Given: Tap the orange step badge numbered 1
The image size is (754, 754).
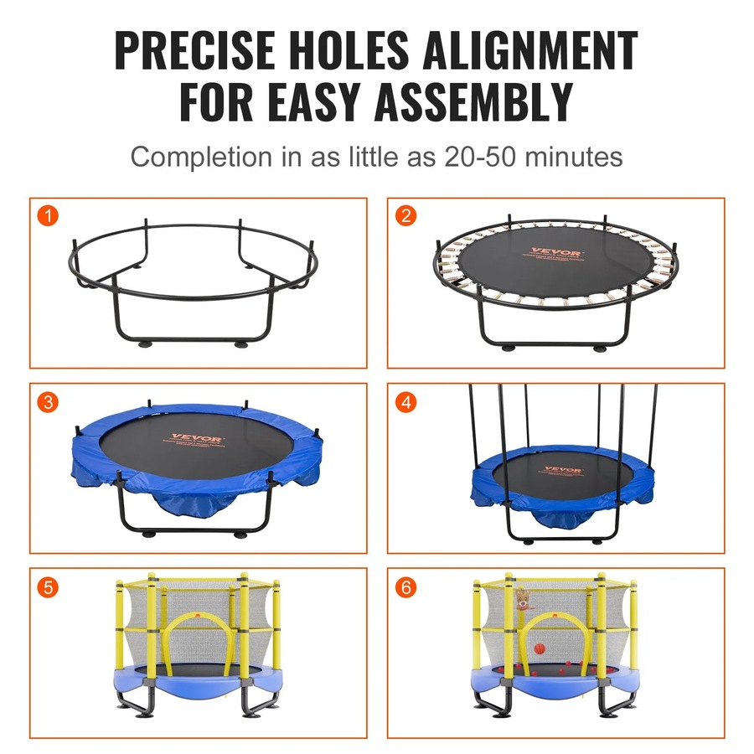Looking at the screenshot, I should (x=49, y=216).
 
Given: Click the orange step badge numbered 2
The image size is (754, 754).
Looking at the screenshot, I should (x=406, y=216).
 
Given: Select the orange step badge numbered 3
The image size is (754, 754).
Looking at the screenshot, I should (x=49, y=402).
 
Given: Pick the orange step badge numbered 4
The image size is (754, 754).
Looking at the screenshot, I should (x=406, y=402).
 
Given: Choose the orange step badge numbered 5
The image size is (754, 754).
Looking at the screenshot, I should (x=49, y=587).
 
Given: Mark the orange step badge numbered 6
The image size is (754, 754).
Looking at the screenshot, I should (x=406, y=587).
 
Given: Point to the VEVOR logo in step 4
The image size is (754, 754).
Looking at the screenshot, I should (x=562, y=470).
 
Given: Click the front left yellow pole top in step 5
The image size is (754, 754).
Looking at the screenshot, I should (x=151, y=577).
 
